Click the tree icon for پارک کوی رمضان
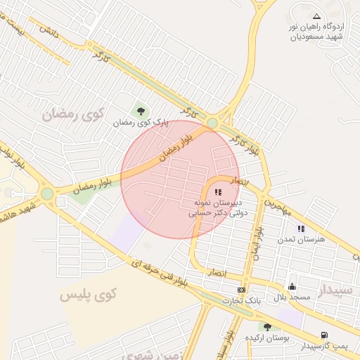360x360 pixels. click(x=141, y=110)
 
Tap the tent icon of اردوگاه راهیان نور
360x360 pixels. click(x=316, y=15)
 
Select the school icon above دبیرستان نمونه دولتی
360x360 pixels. click(x=217, y=191)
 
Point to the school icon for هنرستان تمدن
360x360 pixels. click(x=301, y=229)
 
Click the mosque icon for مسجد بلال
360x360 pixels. click(x=292, y=287)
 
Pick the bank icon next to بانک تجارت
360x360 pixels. click(x=242, y=290)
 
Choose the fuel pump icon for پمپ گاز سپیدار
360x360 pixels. click(x=323, y=335)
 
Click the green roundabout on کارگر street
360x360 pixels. click(x=212, y=123)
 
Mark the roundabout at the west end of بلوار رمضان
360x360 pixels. click(x=47, y=193)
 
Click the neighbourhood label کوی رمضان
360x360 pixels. click(x=72, y=112)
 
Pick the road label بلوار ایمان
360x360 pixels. click(x=258, y=243)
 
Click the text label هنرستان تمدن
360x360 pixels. click(x=307, y=239)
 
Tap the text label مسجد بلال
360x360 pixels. click(x=291, y=298)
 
